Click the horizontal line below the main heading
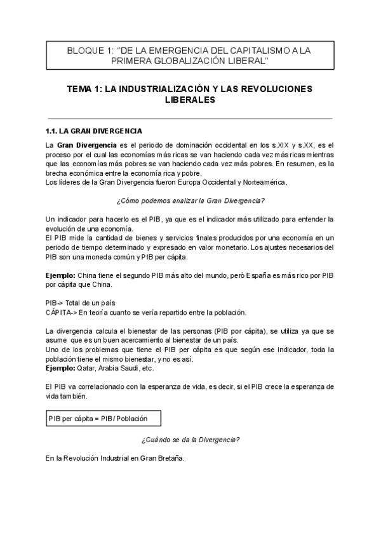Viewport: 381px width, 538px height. pyautogui.click(x=190, y=118)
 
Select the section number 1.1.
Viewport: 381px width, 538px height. pyautogui.click(x=51, y=133)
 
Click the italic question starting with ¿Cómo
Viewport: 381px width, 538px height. pyautogui.click(x=190, y=201)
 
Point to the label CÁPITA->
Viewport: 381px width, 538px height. pyautogui.click(x=61, y=312)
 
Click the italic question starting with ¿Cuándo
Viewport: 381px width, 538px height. pyautogui.click(x=190, y=439)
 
